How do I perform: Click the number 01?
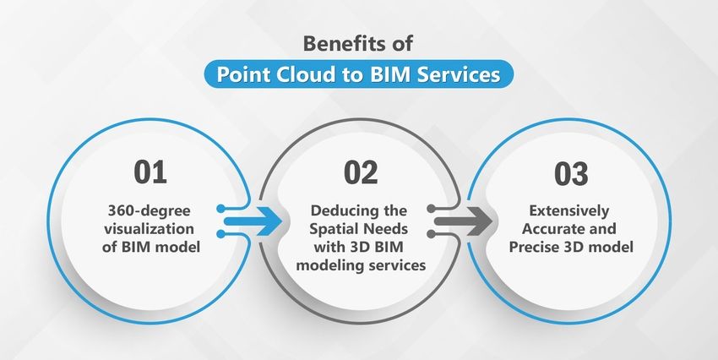pos(150,174)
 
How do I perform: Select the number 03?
pos(570,174)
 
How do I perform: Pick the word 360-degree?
pos(150,210)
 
